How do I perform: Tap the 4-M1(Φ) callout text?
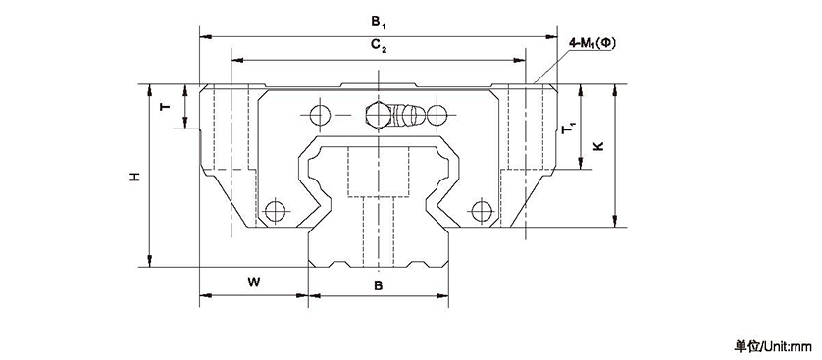(x=592, y=44)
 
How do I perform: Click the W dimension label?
(x=253, y=283)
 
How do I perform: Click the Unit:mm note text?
(x=774, y=346)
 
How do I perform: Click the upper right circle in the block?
(x=438, y=116)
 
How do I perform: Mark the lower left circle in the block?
(x=276, y=210)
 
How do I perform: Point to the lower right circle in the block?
(x=481, y=210)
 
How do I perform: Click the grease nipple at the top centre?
(x=391, y=116)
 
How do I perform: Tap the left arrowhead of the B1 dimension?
(x=204, y=35)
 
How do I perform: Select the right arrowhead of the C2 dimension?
(x=525, y=61)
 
